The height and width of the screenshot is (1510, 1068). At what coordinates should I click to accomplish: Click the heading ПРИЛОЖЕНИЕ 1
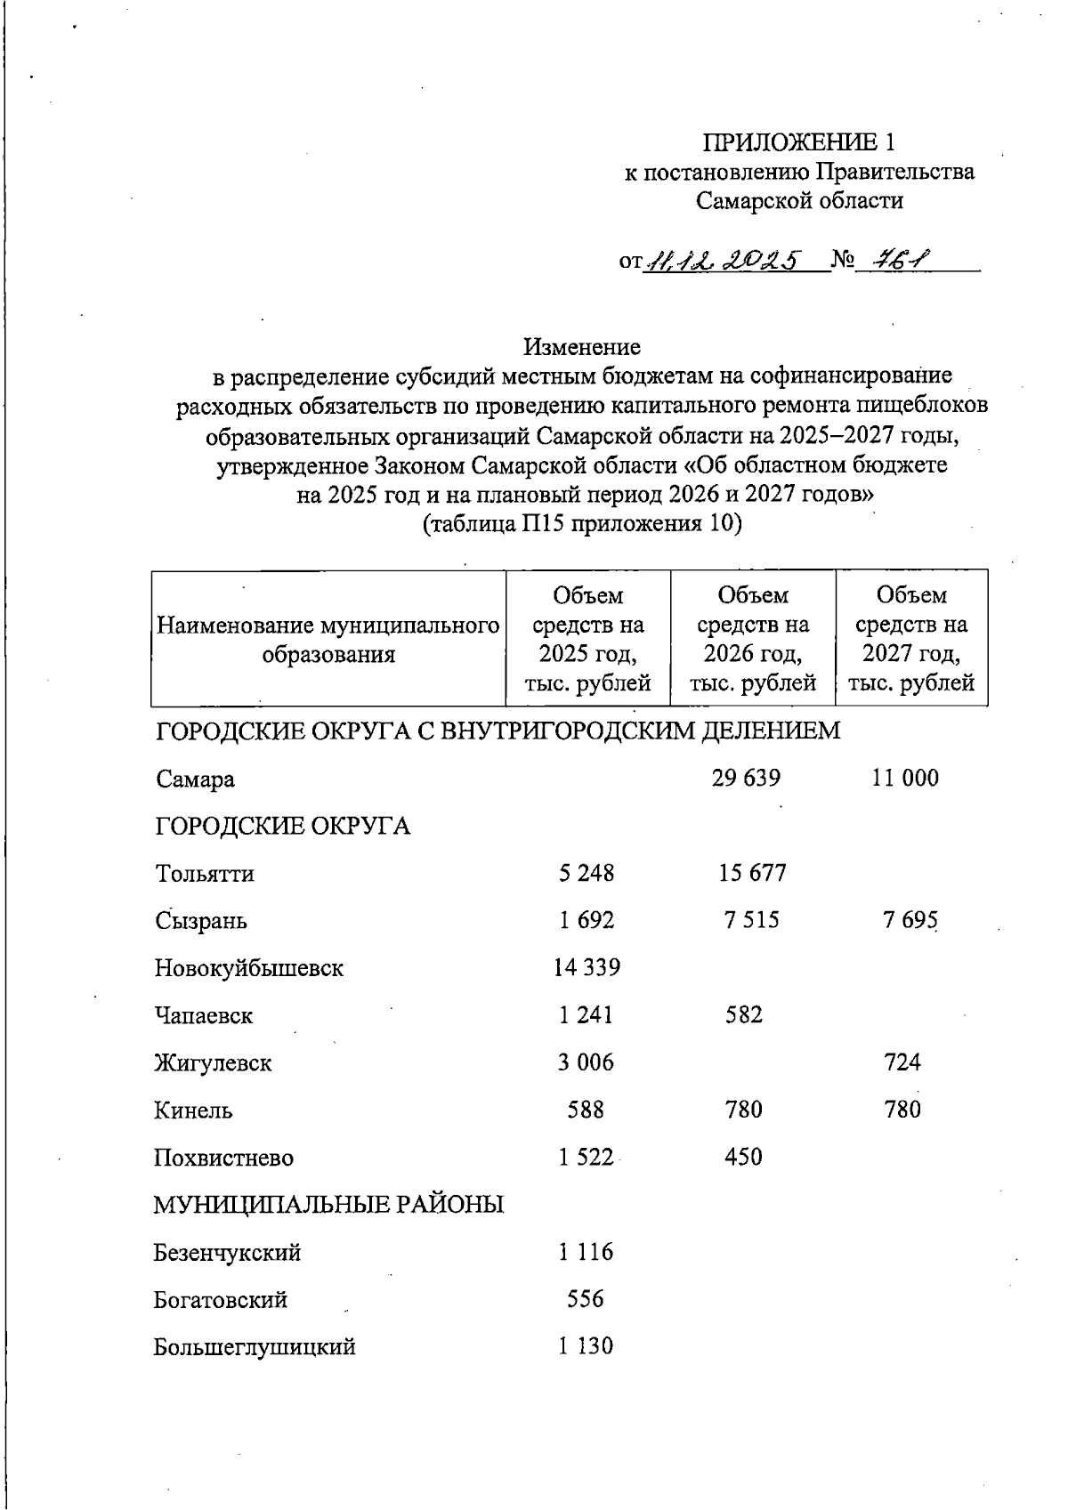tap(798, 141)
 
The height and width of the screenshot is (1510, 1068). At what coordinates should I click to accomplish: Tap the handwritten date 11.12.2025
tap(723, 260)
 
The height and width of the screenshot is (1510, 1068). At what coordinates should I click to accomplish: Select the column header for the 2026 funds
tap(752, 639)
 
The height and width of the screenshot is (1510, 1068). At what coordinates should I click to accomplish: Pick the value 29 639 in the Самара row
tap(746, 779)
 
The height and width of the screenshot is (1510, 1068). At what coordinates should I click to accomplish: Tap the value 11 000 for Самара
tap(905, 779)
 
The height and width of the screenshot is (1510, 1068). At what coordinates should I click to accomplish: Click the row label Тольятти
tap(205, 874)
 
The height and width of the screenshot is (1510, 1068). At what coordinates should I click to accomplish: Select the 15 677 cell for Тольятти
tap(752, 873)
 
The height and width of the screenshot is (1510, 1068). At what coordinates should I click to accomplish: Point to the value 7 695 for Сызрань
tap(910, 921)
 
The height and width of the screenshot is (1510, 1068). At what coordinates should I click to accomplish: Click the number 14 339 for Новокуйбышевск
tap(587, 967)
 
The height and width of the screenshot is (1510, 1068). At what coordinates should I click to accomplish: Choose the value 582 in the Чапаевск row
tap(744, 1015)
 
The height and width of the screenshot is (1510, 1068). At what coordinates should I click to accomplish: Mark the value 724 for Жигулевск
tap(902, 1062)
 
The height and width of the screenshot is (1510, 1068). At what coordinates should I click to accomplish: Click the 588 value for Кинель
tap(586, 1110)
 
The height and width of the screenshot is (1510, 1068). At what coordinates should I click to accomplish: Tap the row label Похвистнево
tap(223, 1159)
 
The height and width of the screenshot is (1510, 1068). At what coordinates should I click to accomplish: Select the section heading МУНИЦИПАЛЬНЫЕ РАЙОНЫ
tap(328, 1206)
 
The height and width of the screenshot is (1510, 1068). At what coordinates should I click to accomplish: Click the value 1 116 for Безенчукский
tap(586, 1253)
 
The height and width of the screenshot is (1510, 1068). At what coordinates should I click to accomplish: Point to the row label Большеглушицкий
tap(255, 1347)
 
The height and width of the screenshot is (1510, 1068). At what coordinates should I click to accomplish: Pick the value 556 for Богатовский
tap(586, 1300)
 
